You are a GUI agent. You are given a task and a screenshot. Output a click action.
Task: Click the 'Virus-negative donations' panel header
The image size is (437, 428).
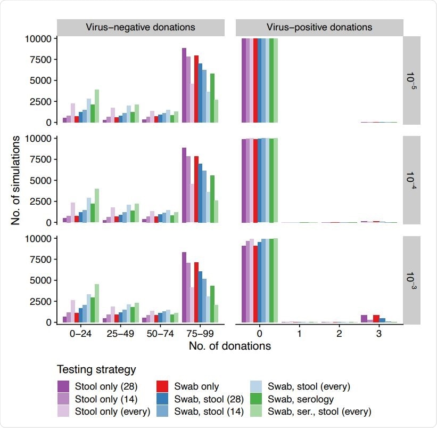(141, 27)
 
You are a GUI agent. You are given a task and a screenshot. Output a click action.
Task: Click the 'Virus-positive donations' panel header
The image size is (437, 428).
(319, 27)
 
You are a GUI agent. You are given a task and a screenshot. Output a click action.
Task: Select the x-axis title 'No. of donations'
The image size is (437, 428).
(230, 346)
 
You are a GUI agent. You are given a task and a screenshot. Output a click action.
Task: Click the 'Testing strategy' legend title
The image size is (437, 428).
(97, 369)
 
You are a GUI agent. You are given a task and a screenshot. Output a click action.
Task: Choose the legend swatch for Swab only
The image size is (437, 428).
(163, 386)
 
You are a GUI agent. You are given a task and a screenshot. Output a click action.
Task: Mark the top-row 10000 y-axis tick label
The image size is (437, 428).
(39, 39)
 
